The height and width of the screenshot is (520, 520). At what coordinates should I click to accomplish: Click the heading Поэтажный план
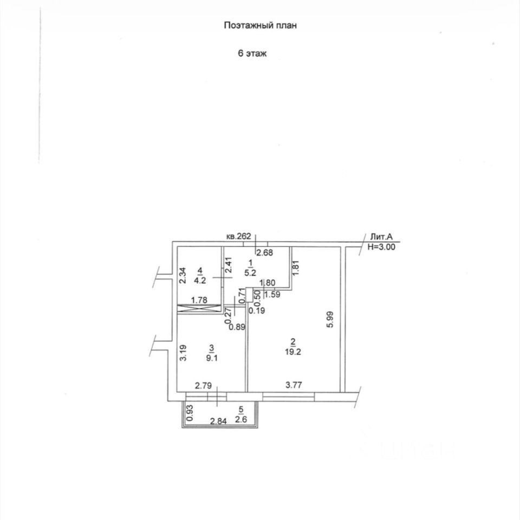tap(261, 25)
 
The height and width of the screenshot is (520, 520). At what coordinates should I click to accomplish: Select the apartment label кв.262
tap(239, 236)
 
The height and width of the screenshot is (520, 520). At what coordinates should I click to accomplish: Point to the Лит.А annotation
tap(385, 237)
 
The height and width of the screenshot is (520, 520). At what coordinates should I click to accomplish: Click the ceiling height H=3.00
tap(382, 246)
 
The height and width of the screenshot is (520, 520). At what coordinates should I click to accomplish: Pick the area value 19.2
tap(293, 350)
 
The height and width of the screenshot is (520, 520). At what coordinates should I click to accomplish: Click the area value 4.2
tap(200, 281)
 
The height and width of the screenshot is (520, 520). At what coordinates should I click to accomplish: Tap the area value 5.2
tap(251, 273)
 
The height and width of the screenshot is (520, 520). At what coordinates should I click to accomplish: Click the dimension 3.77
tap(294, 385)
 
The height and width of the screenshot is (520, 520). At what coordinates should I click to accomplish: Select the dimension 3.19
tap(184, 353)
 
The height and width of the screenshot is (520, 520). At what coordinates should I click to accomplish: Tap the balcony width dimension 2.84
tap(218, 421)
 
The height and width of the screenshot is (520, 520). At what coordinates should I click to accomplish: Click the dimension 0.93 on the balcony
tap(189, 413)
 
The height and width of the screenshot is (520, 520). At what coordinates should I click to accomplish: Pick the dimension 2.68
tap(264, 252)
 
